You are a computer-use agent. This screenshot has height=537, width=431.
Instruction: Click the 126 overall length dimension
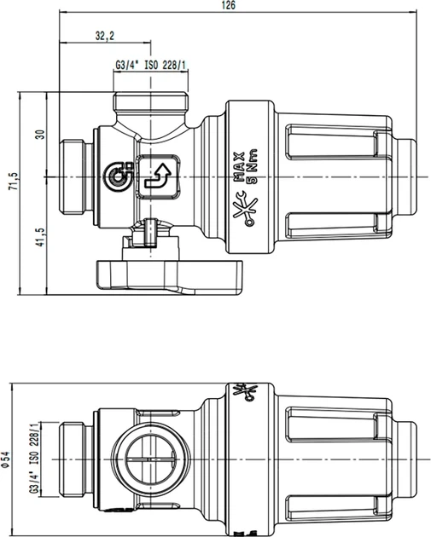[x=229, y=5]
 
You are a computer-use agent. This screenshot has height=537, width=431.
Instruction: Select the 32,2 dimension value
[x=105, y=36]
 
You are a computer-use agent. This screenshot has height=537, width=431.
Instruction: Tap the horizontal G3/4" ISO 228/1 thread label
[x=150, y=65]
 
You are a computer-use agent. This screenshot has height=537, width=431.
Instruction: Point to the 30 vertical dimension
[x=40, y=135]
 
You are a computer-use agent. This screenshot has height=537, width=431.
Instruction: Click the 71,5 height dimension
[x=14, y=182]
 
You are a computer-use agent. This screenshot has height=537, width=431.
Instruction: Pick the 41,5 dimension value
[x=40, y=237]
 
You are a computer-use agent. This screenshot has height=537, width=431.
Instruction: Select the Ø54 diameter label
[x=6, y=459]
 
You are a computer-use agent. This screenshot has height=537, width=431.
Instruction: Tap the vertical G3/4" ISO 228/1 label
[x=34, y=459]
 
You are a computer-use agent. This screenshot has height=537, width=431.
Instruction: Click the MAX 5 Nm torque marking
[x=245, y=167]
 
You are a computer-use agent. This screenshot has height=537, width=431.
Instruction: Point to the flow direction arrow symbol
[x=159, y=176]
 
